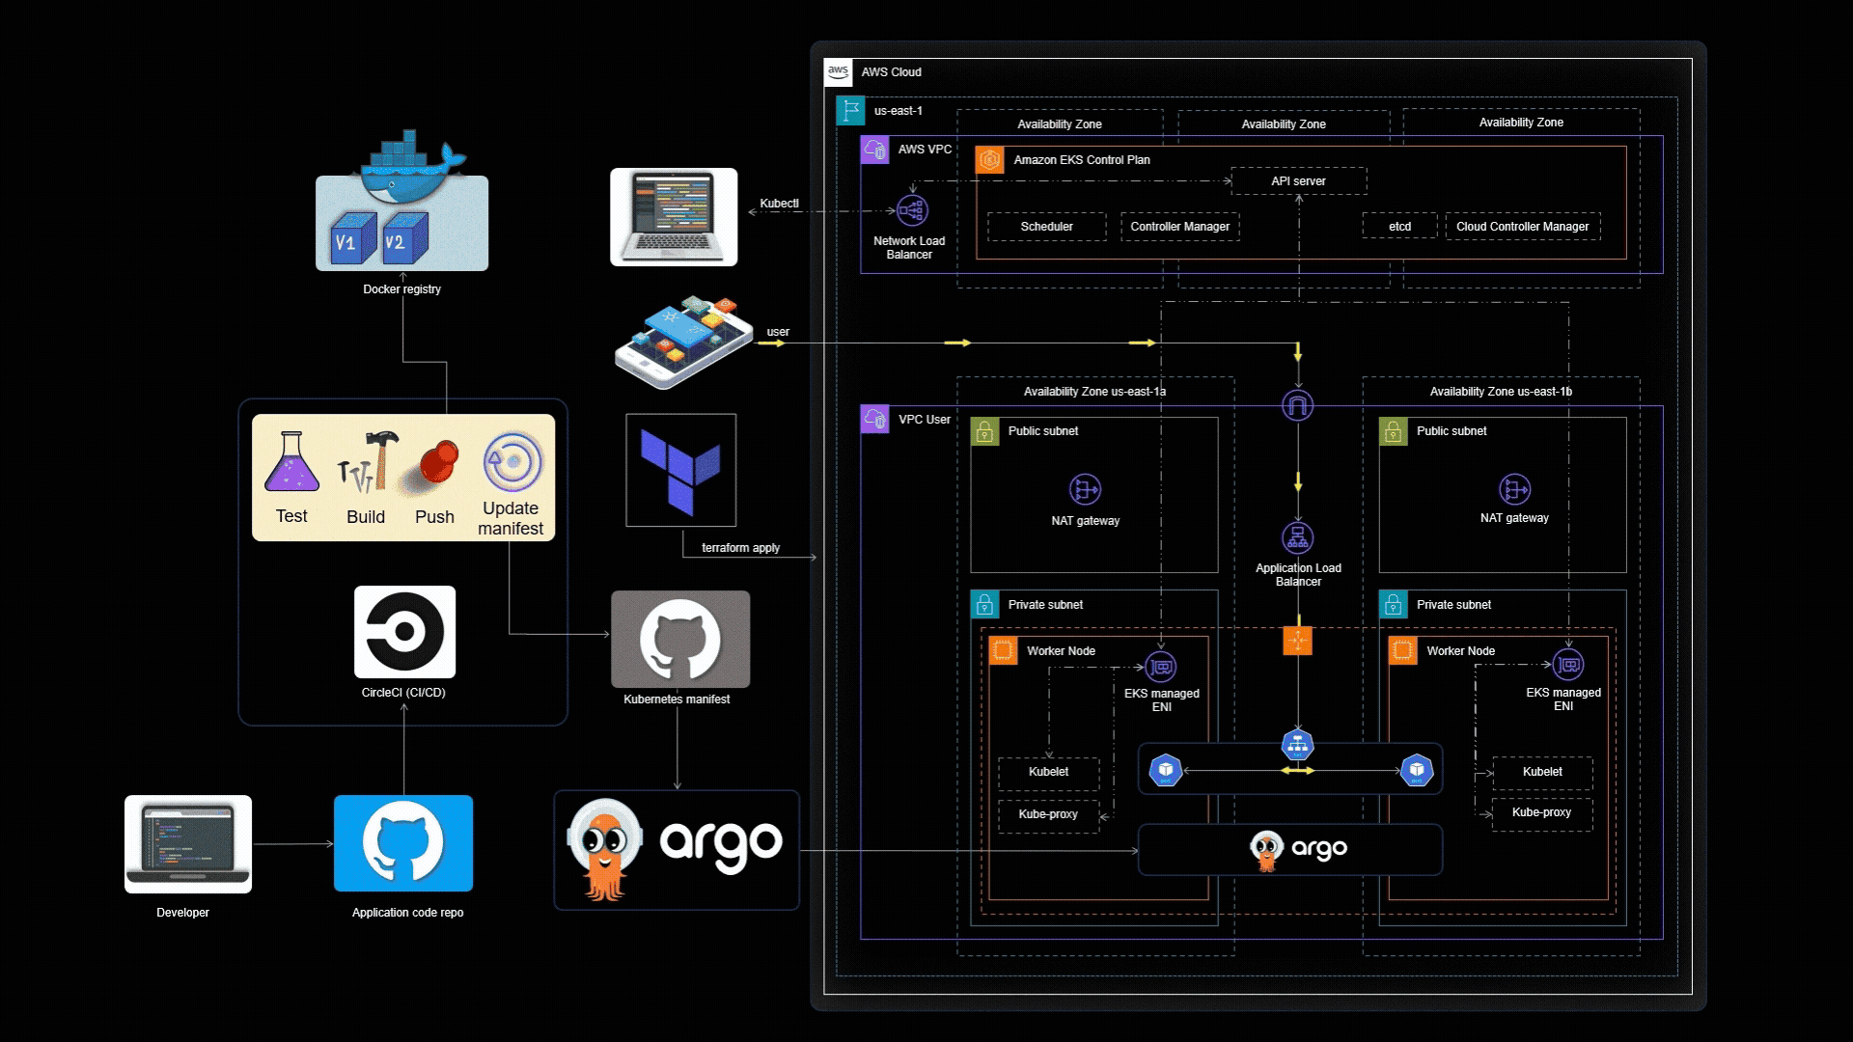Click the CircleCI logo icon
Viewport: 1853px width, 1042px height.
tap(404, 632)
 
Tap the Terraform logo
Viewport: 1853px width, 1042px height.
tap(680, 470)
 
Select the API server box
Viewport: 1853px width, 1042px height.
tap(1298, 181)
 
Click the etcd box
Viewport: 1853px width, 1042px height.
tap(1399, 227)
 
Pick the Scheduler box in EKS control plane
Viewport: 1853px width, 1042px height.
tap(1046, 227)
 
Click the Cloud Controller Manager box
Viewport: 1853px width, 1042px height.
tap(1522, 227)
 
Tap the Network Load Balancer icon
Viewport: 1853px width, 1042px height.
tap(911, 210)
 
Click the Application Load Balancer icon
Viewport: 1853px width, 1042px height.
tap(1297, 537)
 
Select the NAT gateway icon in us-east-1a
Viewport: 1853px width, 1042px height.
tap(1085, 490)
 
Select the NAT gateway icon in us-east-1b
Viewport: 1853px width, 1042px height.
tap(1514, 490)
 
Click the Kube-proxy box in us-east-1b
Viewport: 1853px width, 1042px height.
tap(1541, 812)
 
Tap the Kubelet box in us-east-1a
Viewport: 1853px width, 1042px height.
tap(1048, 772)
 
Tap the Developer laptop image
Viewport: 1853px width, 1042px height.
tap(188, 843)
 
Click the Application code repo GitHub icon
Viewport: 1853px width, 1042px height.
tap(403, 842)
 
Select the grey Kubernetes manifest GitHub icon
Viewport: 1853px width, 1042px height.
tap(680, 639)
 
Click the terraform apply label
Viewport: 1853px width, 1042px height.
tap(740, 548)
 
